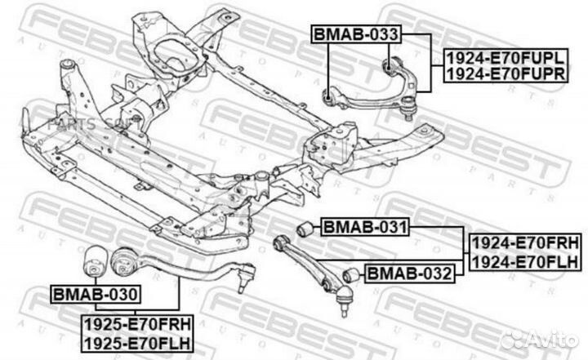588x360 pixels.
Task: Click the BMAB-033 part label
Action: (356, 34)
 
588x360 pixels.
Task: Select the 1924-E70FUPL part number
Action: (506, 57)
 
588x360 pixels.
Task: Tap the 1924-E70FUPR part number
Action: (506, 73)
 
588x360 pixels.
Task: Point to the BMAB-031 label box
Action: (365, 227)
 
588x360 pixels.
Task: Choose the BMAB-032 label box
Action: (409, 273)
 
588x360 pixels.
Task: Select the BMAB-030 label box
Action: (96, 294)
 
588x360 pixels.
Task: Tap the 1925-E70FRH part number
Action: (137, 324)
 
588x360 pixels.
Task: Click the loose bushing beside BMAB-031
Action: (305, 229)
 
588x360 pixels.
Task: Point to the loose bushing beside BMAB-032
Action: (350, 275)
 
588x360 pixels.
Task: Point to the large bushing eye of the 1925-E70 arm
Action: (124, 262)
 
